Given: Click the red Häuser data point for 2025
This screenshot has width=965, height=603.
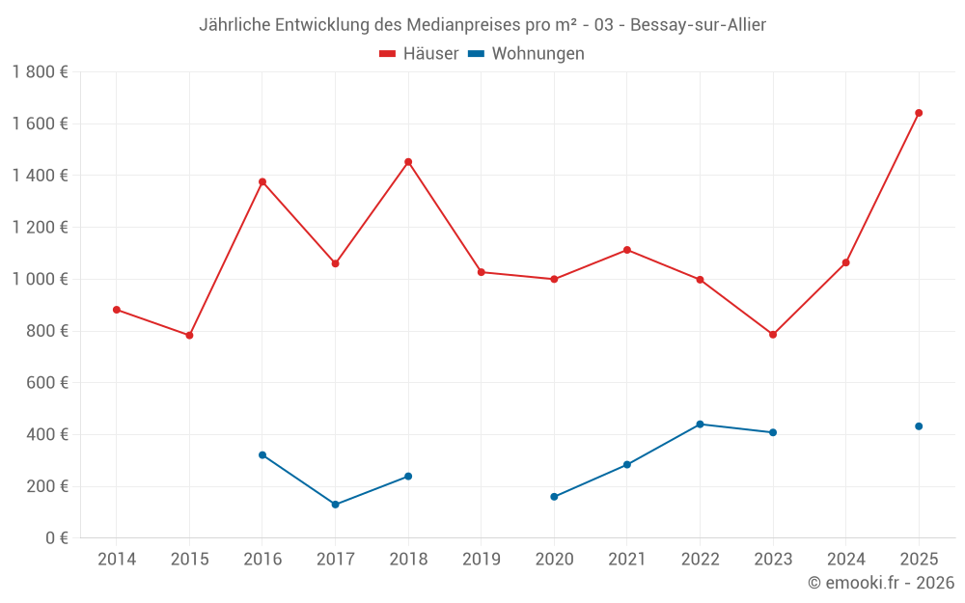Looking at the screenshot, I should click(919, 113).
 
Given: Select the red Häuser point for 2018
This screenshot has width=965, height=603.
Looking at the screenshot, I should click(408, 162).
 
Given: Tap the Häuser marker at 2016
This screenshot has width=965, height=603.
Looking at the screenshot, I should click(262, 181).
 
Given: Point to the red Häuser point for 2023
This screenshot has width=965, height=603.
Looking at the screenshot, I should click(773, 335).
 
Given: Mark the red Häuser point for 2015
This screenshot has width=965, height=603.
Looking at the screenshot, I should click(189, 336).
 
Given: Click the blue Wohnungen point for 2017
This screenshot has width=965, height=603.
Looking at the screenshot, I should click(335, 505).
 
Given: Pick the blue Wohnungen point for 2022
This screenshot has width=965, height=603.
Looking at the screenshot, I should click(700, 425).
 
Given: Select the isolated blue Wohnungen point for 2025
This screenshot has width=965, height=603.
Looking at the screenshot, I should click(919, 426).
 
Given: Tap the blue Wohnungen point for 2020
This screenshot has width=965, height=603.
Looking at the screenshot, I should click(554, 497).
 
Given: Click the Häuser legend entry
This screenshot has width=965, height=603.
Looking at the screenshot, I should click(419, 54).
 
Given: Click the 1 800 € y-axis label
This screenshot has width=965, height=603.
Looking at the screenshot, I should click(40, 72).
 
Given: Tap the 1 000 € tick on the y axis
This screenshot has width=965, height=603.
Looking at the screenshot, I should click(40, 280).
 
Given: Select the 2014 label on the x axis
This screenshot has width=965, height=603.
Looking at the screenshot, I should click(117, 560).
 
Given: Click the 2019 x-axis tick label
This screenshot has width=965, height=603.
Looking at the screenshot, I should click(481, 560).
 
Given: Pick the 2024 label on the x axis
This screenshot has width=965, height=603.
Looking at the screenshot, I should click(845, 560).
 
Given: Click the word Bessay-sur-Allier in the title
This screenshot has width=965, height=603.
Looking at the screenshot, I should click(698, 25).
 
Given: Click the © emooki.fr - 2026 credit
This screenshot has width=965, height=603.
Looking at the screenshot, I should click(880, 583).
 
